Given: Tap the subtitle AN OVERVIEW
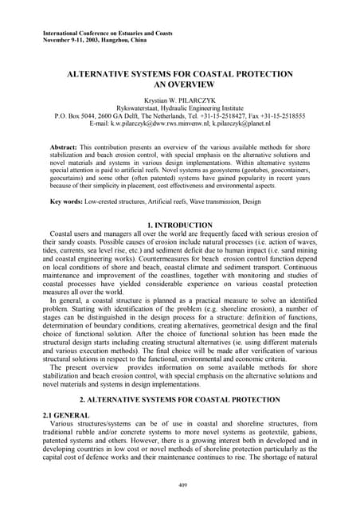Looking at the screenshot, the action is (x=179, y=84).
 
